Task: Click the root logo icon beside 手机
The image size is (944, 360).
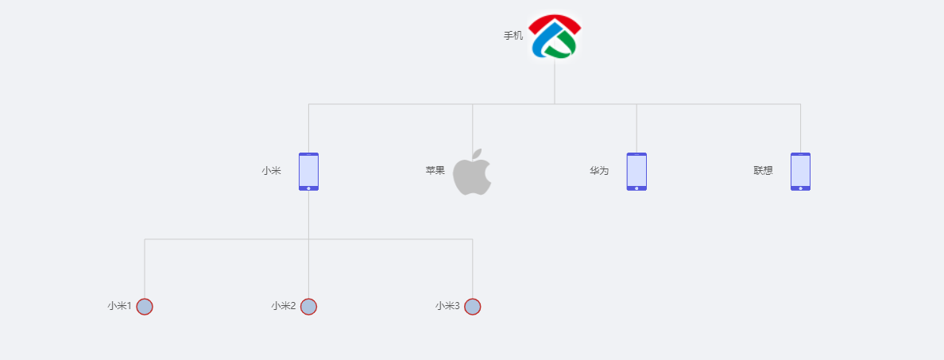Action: pyautogui.click(x=555, y=37)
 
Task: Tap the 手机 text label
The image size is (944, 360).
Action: pyautogui.click(x=513, y=36)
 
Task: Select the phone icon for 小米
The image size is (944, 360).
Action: pyautogui.click(x=308, y=172)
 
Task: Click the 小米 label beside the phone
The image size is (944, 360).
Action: pyautogui.click(x=271, y=171)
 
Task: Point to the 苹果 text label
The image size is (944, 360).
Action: pyautogui.click(x=435, y=171)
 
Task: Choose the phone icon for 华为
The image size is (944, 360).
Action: pyautogui.click(x=636, y=172)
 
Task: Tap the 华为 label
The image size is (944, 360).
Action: pyautogui.click(x=599, y=171)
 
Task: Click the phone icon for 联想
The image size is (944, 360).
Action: pyautogui.click(x=800, y=172)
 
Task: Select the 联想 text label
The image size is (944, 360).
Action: pyautogui.click(x=763, y=171)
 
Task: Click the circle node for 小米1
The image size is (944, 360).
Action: pyautogui.click(x=145, y=307)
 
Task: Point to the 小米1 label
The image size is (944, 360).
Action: pyautogui.click(x=119, y=306)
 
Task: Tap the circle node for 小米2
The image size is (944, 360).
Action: pyautogui.click(x=308, y=307)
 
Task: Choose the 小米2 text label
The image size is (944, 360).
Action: pyautogui.click(x=283, y=306)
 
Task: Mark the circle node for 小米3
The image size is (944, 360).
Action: pyautogui.click(x=472, y=307)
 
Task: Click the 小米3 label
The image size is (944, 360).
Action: pyautogui.click(x=447, y=306)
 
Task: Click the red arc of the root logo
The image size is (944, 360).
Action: pyautogui.click(x=555, y=21)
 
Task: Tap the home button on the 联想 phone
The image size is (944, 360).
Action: pyautogui.click(x=800, y=188)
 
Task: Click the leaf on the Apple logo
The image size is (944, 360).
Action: pyautogui.click(x=477, y=153)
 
